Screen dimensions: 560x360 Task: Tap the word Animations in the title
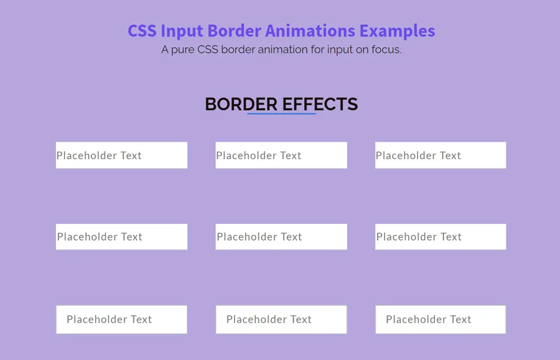[310, 30]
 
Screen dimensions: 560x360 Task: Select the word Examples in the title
[397, 31]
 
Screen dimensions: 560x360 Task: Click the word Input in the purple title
[182, 31]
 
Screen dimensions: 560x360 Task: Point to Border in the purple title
[235, 30]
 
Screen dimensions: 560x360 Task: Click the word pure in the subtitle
[182, 50]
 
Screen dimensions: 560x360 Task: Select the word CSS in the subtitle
[207, 49]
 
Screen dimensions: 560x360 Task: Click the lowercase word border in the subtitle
[238, 49]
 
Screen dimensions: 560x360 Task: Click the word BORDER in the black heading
[241, 104]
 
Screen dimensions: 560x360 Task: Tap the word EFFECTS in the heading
[320, 104]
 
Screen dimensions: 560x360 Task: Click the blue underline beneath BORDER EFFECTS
[281, 114]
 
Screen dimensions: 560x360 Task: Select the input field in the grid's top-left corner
[121, 155]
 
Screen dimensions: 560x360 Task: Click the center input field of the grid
[281, 236]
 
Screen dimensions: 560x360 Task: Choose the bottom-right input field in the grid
[441, 320]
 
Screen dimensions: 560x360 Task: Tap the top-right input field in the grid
[441, 155]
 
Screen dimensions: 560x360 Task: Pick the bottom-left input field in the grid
[121, 320]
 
